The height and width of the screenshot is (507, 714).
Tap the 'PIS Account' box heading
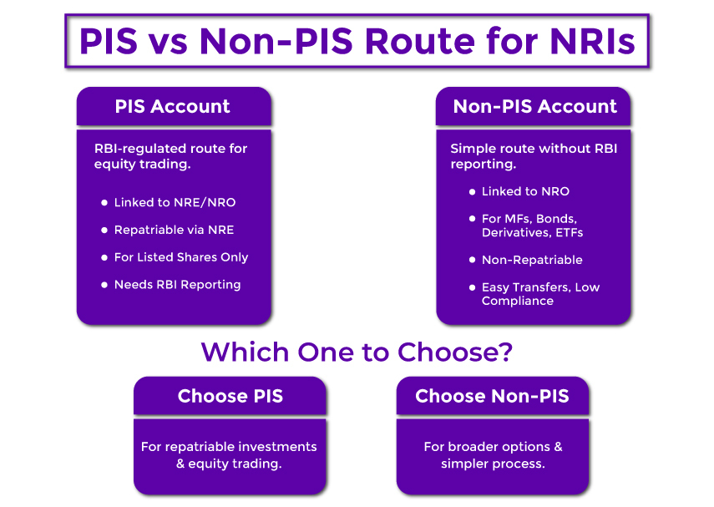pos(173,107)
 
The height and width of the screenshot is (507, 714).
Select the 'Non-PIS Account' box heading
pos(534,107)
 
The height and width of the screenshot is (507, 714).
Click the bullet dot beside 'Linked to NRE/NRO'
pos(104,203)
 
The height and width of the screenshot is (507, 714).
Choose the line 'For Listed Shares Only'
pos(181,257)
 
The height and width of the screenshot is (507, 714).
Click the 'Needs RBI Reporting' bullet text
pos(177,285)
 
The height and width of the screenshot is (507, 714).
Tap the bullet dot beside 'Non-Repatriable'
pos(472,260)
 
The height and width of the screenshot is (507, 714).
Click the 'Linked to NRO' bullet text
pos(525,191)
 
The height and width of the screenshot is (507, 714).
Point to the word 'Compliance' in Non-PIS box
pos(517,301)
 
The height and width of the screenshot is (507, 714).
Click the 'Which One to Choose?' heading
pos(357,352)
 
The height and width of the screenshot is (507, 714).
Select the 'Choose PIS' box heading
pos(230,396)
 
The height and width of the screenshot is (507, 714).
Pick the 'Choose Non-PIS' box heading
pos(492,396)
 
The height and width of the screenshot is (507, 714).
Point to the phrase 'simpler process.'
pos(493,464)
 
